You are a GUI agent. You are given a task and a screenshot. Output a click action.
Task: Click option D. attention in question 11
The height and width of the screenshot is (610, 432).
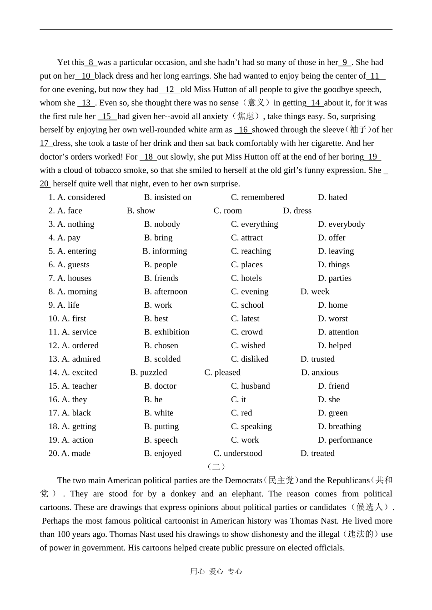pyautogui.click(x=338, y=332)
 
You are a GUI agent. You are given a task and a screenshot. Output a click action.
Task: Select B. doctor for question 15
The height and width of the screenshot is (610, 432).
pyautogui.click(x=160, y=386)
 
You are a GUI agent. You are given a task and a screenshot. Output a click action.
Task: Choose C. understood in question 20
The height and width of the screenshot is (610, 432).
pyautogui.click(x=238, y=454)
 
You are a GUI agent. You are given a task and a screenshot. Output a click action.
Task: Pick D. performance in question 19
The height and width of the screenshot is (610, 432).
pyautogui.click(x=345, y=440)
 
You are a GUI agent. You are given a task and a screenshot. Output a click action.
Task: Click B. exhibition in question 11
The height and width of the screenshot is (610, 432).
pyautogui.click(x=166, y=332)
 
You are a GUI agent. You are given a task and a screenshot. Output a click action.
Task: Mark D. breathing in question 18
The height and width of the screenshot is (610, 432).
pyautogui.click(x=339, y=426)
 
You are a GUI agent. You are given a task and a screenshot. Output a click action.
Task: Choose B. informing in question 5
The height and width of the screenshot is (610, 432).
pyautogui.click(x=165, y=251)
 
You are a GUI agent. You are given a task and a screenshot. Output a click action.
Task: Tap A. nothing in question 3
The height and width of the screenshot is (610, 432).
pyautogui.click(x=75, y=224)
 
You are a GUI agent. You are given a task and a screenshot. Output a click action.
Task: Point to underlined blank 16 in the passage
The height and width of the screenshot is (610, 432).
pyautogui.click(x=243, y=130)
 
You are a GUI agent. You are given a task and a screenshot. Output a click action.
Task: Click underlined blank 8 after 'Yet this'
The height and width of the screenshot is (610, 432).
pyautogui.click(x=91, y=63)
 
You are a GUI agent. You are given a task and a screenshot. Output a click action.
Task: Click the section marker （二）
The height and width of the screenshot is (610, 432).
pyautogui.click(x=216, y=466)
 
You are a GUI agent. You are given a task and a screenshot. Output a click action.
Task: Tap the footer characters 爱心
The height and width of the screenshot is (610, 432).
pyautogui.click(x=216, y=572)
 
